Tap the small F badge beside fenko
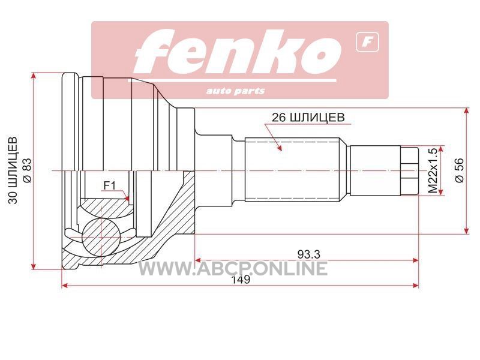[x=367, y=42]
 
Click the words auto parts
[x=235, y=91]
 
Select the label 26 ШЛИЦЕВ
[x=308, y=117]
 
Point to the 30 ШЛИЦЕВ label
[x=13, y=170]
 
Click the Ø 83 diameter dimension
[x=27, y=170]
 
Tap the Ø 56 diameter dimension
[x=460, y=170]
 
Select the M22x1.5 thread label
[x=433, y=170]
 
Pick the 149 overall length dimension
[x=241, y=280]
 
